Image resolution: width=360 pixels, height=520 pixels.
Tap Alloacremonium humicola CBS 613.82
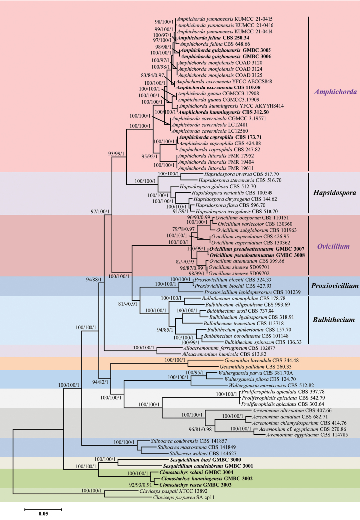pyautogui.click(x=196, y=354)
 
